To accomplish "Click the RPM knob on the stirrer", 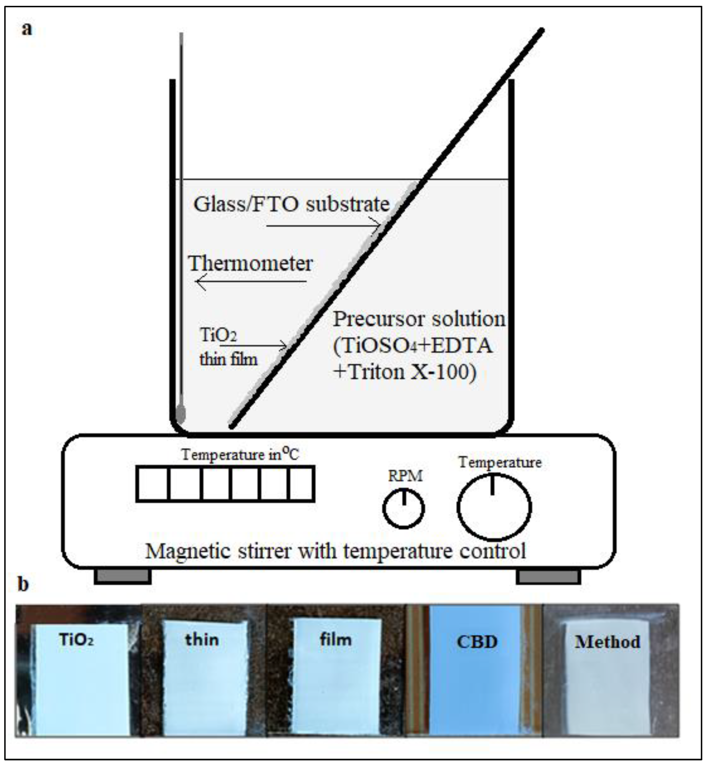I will pyautogui.click(x=404, y=509).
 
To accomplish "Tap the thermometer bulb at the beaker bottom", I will pyautogui.click(x=181, y=414).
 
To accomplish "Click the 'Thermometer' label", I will pyautogui.click(x=251, y=263).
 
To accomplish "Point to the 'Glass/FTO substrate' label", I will pyautogui.click(x=291, y=204).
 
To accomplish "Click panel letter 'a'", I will pyautogui.click(x=26, y=29).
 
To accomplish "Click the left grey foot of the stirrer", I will pyautogui.click(x=122, y=577).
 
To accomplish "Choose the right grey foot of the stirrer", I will pyautogui.click(x=548, y=577).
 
